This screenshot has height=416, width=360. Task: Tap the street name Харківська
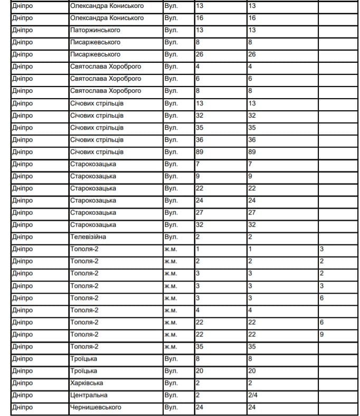point(87,383)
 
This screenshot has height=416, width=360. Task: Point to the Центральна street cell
point(89,395)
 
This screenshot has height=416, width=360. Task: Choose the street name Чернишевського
point(96,407)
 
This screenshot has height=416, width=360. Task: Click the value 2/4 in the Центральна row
point(253,395)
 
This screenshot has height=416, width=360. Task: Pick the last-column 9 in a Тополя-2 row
point(321,334)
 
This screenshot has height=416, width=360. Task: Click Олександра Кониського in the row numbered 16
point(107,18)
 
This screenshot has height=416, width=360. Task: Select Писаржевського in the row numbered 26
point(95,54)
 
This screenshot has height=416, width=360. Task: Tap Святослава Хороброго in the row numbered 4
point(106,66)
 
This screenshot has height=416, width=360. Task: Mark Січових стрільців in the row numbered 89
point(97,152)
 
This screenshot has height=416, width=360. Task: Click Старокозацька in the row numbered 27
point(93,212)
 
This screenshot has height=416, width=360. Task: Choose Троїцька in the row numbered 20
point(83,371)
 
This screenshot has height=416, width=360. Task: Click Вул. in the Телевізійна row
point(171,237)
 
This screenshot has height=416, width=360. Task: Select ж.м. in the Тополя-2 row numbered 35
point(170,346)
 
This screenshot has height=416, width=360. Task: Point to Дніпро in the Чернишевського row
point(22,407)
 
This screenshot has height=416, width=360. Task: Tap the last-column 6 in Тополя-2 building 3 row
point(321,298)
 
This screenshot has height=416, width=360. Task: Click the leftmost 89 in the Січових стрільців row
point(200,152)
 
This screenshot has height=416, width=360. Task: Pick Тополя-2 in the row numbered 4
point(84,310)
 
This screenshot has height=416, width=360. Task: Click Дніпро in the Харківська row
point(22,383)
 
